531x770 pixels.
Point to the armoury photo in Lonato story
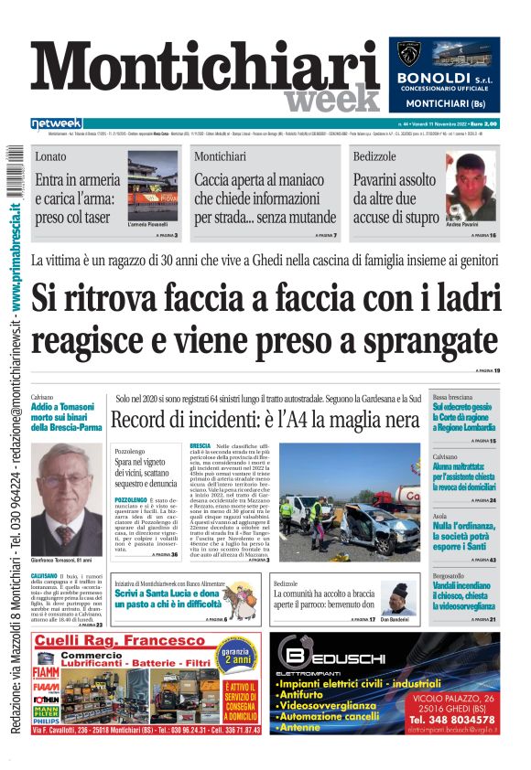[153, 193]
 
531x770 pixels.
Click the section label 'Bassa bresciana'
[478, 398]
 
